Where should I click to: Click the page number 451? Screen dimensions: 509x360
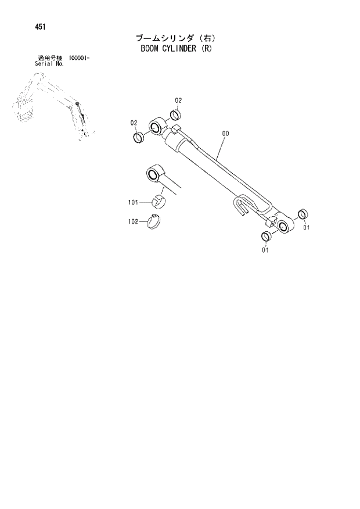coord(24,27)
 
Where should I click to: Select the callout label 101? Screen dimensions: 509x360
coord(132,202)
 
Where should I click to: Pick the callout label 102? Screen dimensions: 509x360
coord(132,221)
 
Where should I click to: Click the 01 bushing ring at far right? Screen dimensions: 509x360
coord(302,214)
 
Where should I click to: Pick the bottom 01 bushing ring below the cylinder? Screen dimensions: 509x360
coord(266,236)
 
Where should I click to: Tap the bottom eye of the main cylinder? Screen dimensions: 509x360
coord(285,226)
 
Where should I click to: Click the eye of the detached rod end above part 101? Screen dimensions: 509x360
coord(154,174)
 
